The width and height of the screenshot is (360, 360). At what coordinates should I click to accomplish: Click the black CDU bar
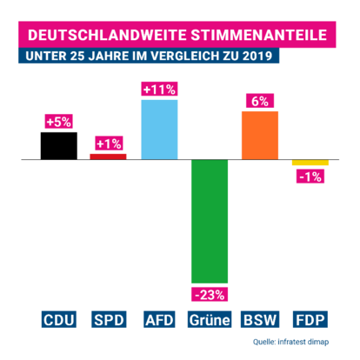58,146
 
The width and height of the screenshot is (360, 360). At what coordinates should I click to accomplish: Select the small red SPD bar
109,157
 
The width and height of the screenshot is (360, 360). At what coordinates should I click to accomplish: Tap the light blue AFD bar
159,130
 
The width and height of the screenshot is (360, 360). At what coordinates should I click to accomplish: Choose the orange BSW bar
260,136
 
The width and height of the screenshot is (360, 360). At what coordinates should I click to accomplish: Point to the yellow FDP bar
310,163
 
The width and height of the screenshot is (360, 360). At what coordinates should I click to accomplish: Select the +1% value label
109,143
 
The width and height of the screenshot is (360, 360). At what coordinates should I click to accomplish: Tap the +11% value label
159,90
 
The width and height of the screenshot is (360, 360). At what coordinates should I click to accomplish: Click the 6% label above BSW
260,101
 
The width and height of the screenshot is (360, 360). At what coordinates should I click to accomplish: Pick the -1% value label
310,177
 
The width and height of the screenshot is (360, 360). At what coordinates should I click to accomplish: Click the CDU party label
58,319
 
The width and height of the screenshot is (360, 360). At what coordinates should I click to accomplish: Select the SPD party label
109,319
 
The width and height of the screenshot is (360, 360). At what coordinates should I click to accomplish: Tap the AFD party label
159,319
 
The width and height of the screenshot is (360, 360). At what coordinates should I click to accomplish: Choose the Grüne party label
210,319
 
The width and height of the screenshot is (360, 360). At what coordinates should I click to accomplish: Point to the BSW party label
260,319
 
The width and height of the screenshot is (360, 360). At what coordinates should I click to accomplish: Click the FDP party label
310,319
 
